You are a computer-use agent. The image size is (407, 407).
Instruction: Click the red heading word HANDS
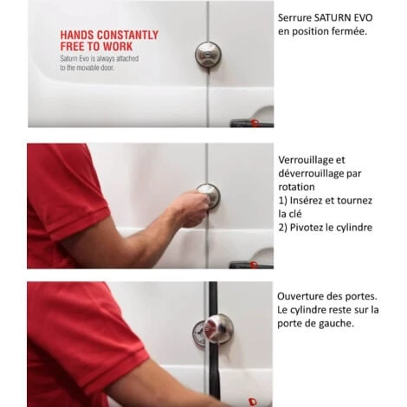tap(77, 36)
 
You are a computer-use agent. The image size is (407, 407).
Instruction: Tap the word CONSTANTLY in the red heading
tap(127, 36)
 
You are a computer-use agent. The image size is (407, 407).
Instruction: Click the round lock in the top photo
tap(208, 55)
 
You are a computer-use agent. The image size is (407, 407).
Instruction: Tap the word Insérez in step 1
tap(307, 200)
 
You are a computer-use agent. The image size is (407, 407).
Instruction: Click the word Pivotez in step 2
tap(307, 228)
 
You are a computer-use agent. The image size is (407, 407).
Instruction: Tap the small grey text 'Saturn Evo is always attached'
tap(100, 59)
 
